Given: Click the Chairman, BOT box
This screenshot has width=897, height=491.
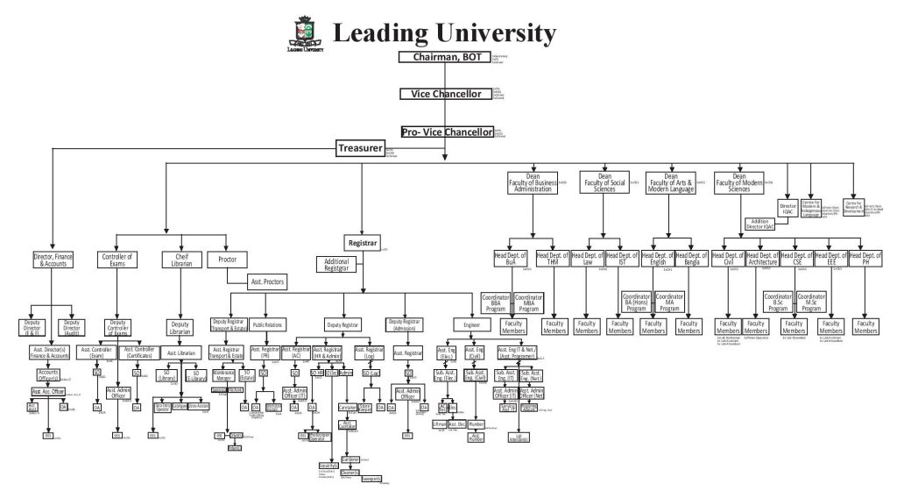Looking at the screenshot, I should point(447,57).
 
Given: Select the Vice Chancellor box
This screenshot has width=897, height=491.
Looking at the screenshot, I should point(447,94).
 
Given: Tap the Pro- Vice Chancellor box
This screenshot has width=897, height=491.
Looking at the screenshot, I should point(447,132).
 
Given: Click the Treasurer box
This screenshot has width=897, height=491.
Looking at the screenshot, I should point(359,148).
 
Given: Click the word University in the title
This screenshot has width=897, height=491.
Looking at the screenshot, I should point(490,33).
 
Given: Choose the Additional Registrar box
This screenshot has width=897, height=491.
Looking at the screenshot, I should point(337,264).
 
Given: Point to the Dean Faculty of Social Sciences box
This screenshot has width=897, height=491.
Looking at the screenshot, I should point(604,181).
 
